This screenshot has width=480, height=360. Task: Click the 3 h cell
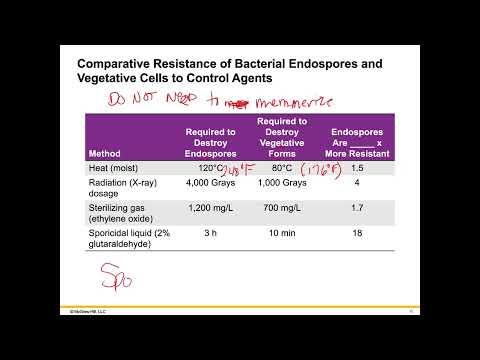point(211,234)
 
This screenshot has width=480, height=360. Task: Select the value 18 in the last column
point(357,234)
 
